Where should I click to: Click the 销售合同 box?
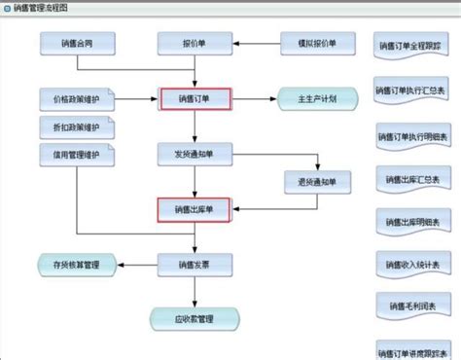pos(76,44)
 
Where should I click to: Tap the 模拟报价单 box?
pos(314,44)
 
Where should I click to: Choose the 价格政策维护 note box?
pos(76,100)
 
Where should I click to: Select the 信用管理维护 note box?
pos(76,155)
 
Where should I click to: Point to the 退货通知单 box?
pos(314,181)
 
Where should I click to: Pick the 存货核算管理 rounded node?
pos(76,264)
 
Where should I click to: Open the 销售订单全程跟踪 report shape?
pos(410,46)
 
